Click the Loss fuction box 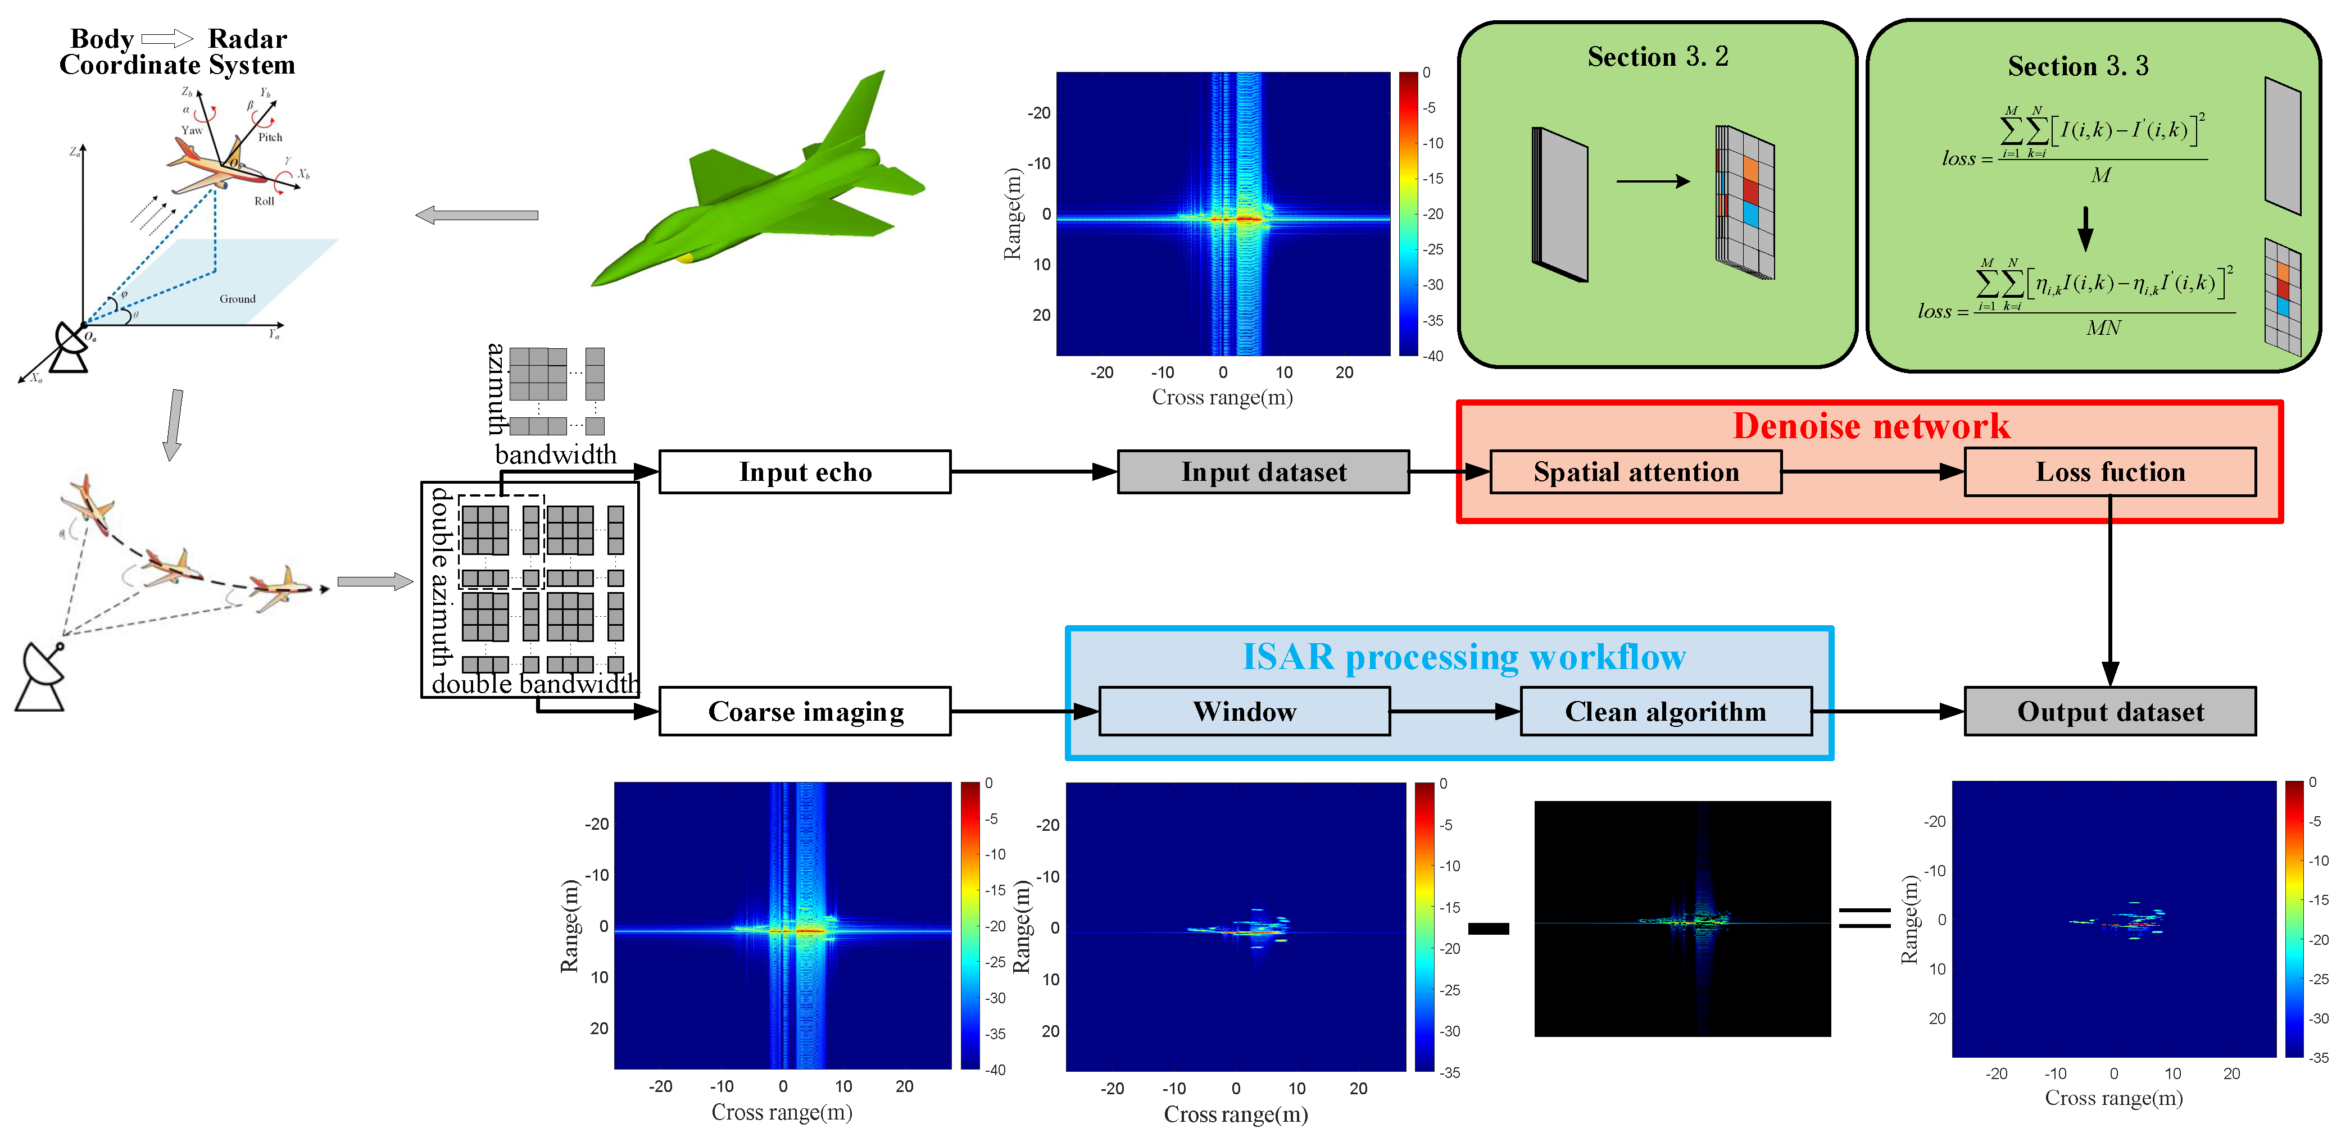pyautogui.click(x=2109, y=471)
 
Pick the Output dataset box pyautogui.click(x=2109, y=711)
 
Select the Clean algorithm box pyautogui.click(x=1665, y=711)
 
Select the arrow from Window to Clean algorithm pyautogui.click(x=1454, y=711)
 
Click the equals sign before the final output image pyautogui.click(x=1865, y=918)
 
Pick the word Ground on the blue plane pyautogui.click(x=237, y=299)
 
